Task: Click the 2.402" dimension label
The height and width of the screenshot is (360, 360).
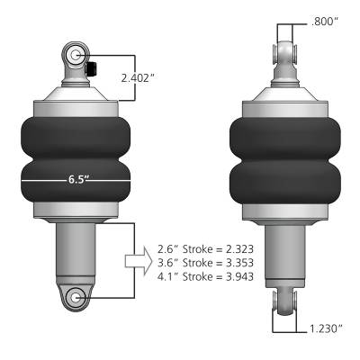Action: [139, 78]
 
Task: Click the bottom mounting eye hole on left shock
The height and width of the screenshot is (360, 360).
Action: [76, 297]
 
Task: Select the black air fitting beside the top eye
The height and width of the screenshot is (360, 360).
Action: [94, 67]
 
